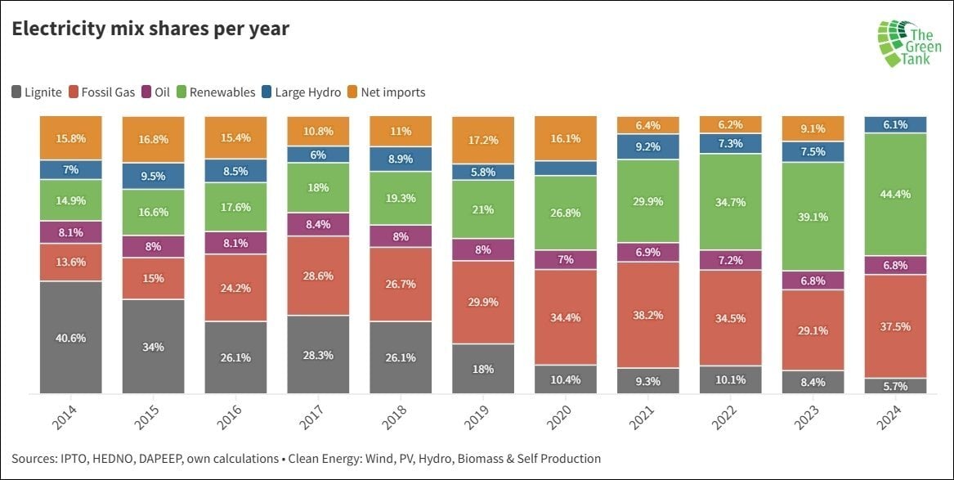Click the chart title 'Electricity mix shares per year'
pos(150,29)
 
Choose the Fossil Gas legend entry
pos(101,92)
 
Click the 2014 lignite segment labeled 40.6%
pos(70,338)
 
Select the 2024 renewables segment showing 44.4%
pos(896,194)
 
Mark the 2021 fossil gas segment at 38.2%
pos(648,315)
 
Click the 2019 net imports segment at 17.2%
pos(483,140)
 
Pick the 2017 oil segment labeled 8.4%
pos(318,222)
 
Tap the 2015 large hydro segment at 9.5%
pos(153,176)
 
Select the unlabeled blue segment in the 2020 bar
pos(566,168)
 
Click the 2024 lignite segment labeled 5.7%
pos(896,386)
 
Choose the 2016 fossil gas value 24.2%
pos(235,288)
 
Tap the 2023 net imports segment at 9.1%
pos(813,128)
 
